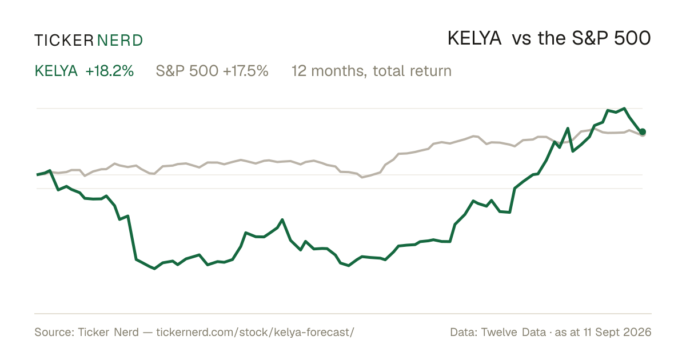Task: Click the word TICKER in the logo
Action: click(x=63, y=41)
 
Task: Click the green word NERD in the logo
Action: click(x=120, y=41)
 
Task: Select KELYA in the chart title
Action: click(x=474, y=38)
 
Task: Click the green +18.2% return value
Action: click(x=110, y=71)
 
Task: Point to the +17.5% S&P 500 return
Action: click(x=246, y=71)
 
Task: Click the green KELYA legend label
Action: click(x=56, y=71)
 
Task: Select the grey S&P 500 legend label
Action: click(x=187, y=71)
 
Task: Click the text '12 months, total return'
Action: click(x=372, y=71)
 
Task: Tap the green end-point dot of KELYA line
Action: click(x=643, y=131)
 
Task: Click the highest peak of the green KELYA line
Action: click(x=624, y=109)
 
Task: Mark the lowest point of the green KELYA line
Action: click(x=154, y=269)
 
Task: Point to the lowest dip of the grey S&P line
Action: click(x=362, y=177)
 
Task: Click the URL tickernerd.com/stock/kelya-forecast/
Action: click(x=255, y=332)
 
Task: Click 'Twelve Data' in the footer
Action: click(x=513, y=332)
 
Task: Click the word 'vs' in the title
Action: click(x=521, y=39)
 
